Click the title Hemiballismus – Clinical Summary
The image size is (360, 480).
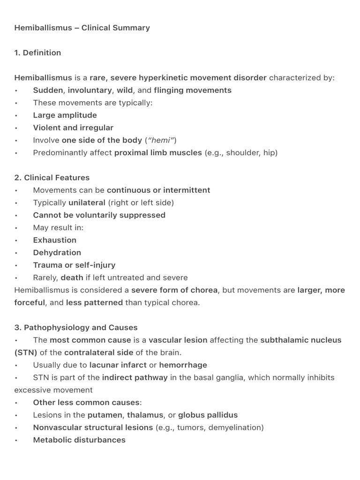pyautogui.click(x=82, y=28)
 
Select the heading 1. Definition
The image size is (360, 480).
pyautogui.click(x=37, y=52)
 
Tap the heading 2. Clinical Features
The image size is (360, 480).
pyautogui.click(x=52, y=178)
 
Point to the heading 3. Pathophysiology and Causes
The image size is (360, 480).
pyautogui.click(x=76, y=327)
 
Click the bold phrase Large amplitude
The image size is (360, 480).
pyautogui.click(x=65, y=115)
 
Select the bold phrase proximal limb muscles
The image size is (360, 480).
pyautogui.click(x=158, y=152)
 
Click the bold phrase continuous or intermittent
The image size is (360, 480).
pyautogui.click(x=158, y=190)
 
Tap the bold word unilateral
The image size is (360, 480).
pyautogui.click(x=87, y=202)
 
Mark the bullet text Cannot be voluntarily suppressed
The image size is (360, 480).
pyautogui.click(x=99, y=215)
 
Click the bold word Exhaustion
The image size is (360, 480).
pyautogui.click(x=54, y=240)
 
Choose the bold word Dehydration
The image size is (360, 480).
pyautogui.click(x=57, y=253)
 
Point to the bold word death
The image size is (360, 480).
pyautogui.click(x=72, y=277)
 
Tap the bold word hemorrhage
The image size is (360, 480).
pyautogui.click(x=183, y=365)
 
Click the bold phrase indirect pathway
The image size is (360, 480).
pyautogui.click(x=135, y=377)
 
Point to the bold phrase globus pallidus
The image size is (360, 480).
pyautogui.click(x=208, y=415)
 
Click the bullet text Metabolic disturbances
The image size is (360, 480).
pyautogui.click(x=79, y=440)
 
